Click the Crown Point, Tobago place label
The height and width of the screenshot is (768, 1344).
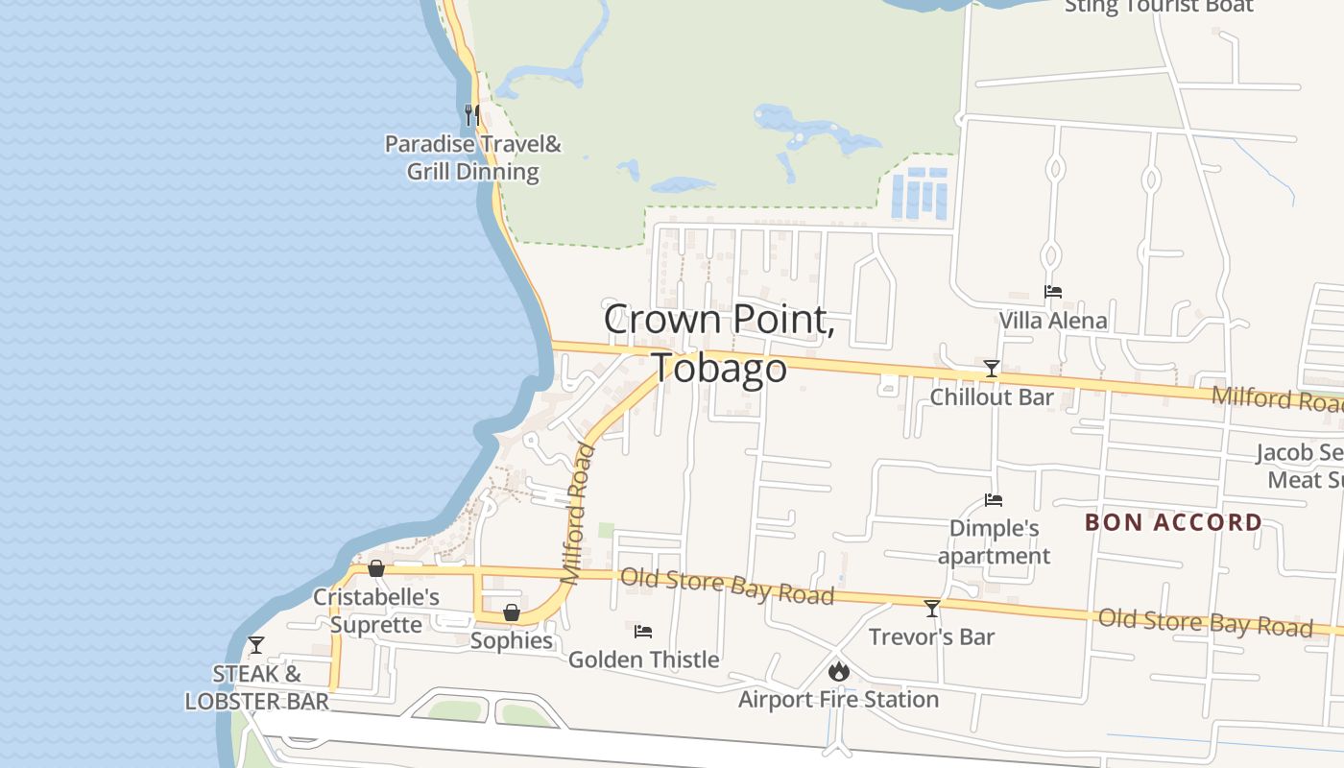(718, 344)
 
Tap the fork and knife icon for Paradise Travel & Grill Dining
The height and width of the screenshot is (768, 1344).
(470, 115)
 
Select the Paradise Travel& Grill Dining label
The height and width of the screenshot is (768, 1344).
(472, 158)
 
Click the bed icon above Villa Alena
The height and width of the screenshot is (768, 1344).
(1053, 292)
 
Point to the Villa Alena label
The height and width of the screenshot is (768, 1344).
(1053, 321)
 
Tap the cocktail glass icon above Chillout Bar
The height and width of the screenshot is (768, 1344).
(992, 369)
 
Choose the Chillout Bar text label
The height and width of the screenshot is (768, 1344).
(992, 396)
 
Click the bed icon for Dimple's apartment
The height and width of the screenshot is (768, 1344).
(994, 500)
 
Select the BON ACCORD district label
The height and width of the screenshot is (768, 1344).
(1173, 522)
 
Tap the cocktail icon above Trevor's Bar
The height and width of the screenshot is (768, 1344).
(931, 608)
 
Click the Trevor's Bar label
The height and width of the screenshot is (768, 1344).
(931, 636)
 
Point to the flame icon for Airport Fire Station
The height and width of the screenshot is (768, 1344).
(839, 671)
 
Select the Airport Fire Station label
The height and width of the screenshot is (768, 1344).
(838, 699)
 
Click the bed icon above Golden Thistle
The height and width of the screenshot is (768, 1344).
(643, 632)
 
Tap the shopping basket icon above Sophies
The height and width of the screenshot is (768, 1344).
(512, 612)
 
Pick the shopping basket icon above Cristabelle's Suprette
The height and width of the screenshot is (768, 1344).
(376, 568)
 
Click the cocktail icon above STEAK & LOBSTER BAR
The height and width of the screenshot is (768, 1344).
(256, 644)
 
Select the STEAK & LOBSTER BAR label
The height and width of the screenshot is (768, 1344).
(256, 687)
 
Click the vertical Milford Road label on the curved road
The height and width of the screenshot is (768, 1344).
(579, 514)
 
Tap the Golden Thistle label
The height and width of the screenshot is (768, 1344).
(643, 660)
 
